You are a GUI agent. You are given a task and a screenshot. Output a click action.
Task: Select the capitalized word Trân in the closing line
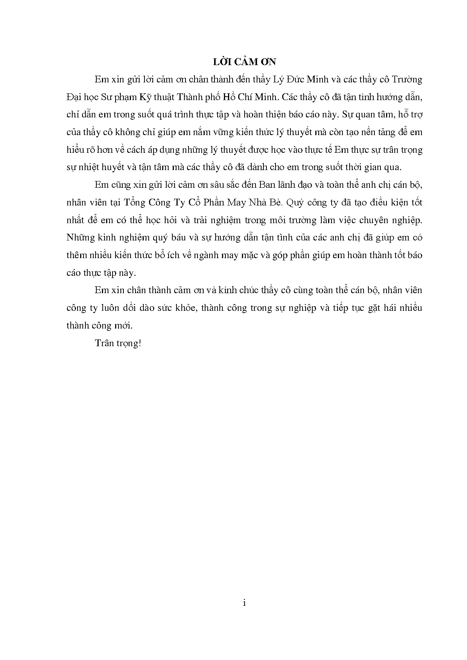pyautogui.click(x=105, y=343)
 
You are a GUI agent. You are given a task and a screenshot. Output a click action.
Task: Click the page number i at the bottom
pyautogui.click(x=245, y=603)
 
